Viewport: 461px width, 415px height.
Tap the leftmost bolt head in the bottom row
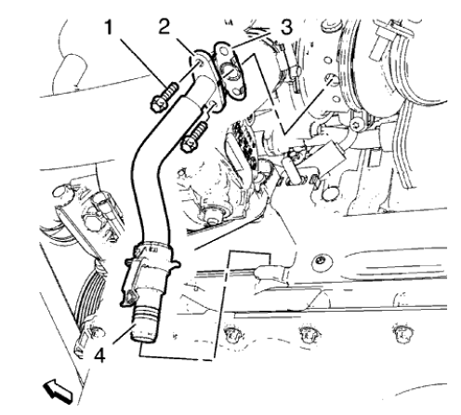[230, 330]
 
